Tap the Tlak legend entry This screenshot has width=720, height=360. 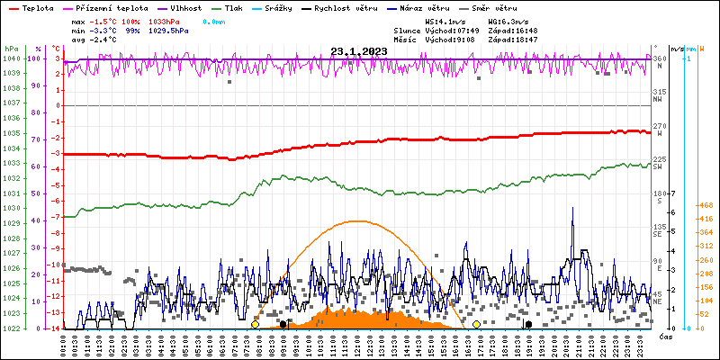[233, 7]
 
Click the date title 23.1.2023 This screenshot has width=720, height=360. [359, 51]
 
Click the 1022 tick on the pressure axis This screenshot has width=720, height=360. [11, 328]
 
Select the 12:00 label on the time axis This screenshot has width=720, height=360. [357, 343]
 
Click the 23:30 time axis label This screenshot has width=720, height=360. [638, 343]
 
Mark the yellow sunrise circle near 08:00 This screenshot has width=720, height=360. [255, 324]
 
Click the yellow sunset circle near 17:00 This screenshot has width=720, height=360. [476, 324]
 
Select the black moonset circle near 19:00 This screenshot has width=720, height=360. [528, 324]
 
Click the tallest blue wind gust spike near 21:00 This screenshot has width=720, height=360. [572, 209]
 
